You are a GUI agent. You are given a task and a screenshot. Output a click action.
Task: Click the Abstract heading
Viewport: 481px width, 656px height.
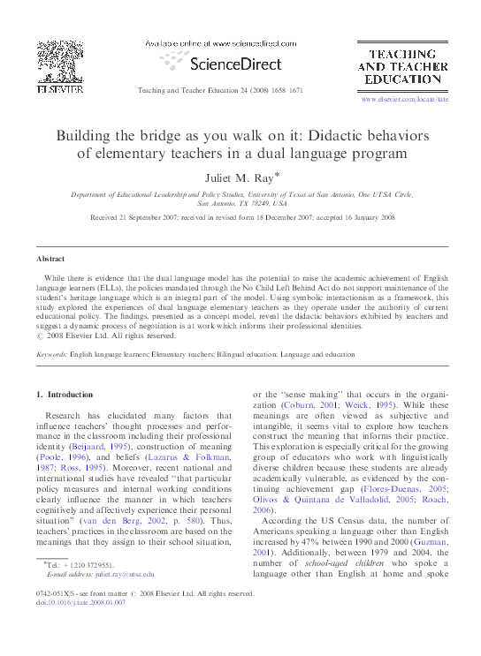click(x=50, y=259)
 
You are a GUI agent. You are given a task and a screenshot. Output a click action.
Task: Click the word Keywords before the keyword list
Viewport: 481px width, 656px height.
click(x=50, y=354)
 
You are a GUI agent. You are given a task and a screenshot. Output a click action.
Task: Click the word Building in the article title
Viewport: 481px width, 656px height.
click(x=87, y=137)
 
